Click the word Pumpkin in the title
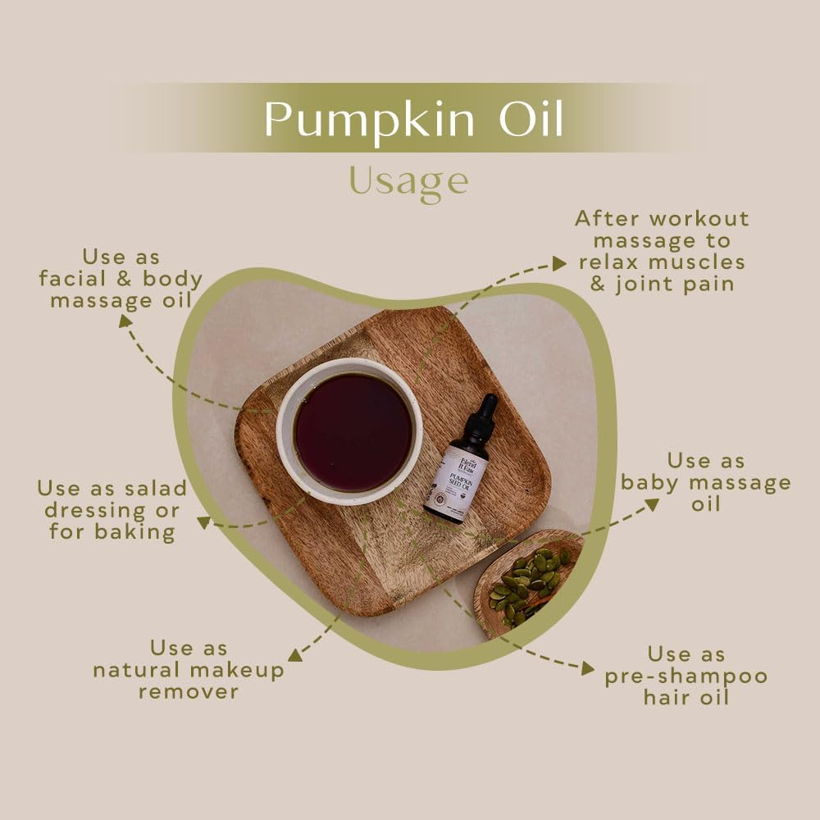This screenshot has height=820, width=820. [368, 120]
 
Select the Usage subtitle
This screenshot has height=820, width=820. [408, 180]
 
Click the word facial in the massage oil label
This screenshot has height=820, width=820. [79, 279]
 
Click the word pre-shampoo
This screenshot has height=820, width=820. [686, 676]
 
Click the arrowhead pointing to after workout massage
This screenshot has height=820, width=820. [559, 262]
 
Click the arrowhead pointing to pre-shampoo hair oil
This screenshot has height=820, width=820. [587, 669]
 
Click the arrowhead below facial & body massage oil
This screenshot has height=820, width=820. [125, 321]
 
